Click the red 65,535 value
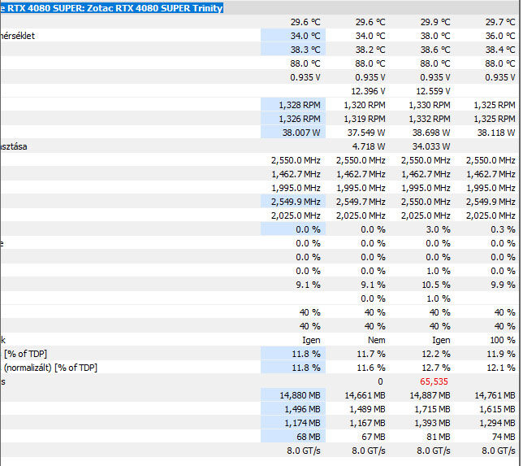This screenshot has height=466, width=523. click(434, 381)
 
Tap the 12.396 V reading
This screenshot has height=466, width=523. click(368, 90)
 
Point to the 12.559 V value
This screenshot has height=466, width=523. click(433, 90)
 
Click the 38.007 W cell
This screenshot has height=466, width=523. click(300, 132)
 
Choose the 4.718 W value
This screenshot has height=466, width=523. click(368, 146)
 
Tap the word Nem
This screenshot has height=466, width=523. click(376, 339)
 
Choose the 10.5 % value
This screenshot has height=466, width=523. click(435, 284)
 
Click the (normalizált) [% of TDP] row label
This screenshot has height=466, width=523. click(50, 367)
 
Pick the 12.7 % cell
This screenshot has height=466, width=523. click(435, 367)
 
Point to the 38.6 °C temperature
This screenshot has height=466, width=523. click(434, 49)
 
